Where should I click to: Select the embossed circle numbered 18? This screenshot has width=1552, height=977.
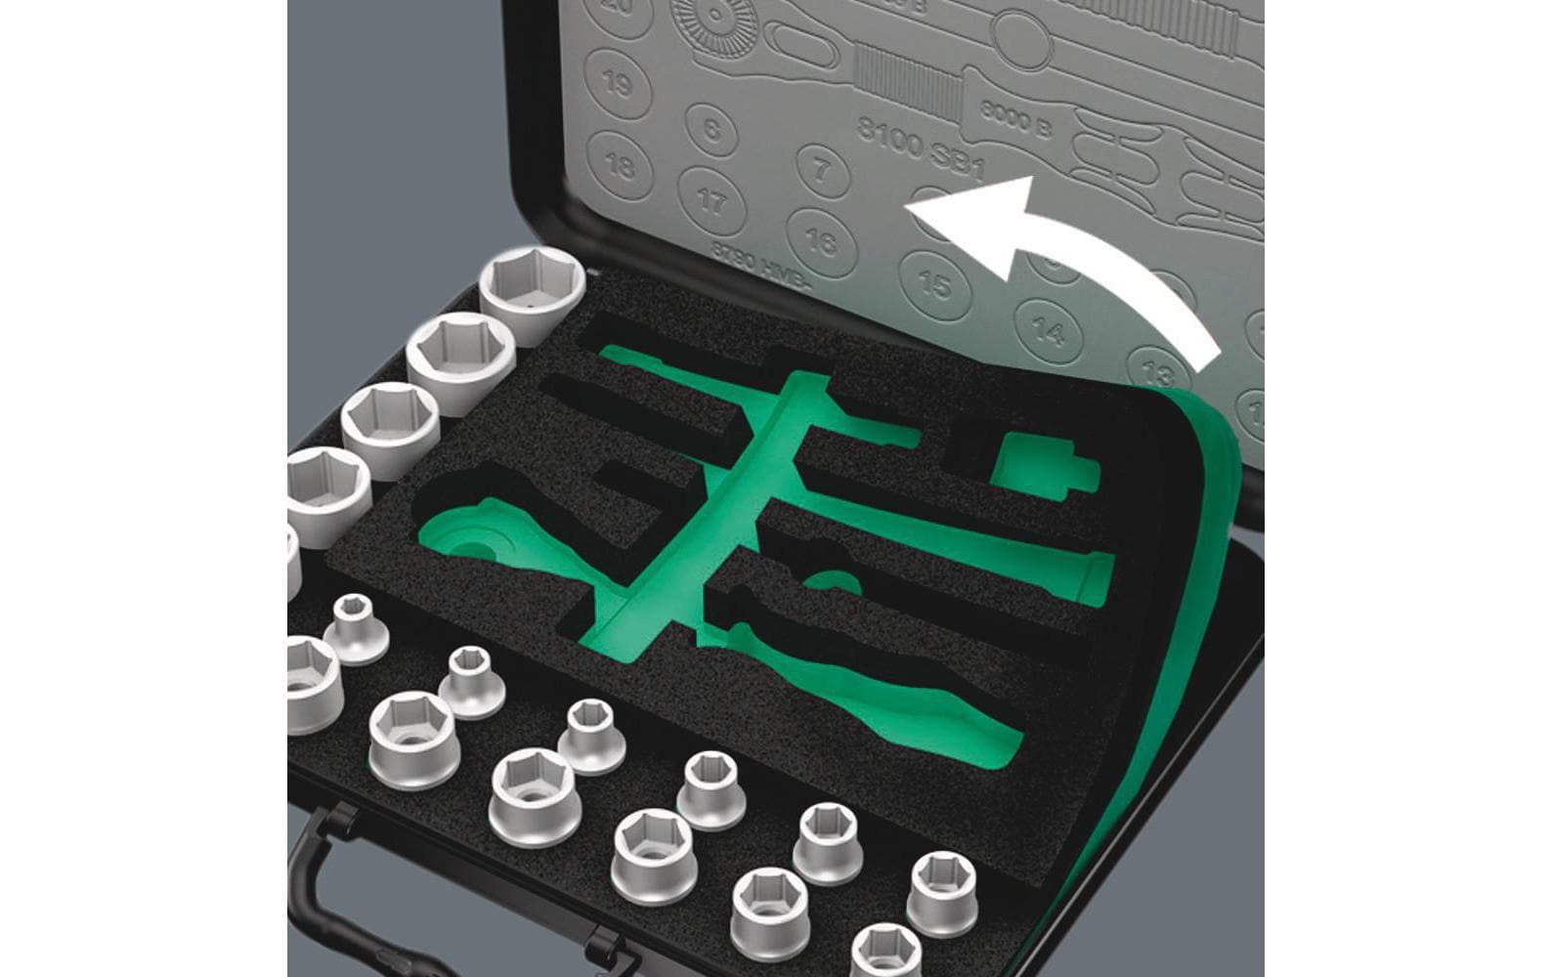click(620, 163)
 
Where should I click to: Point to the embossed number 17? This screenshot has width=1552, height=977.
click(712, 203)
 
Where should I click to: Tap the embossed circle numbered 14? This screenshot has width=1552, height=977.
click(1049, 332)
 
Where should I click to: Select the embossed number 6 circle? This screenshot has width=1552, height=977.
click(712, 128)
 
